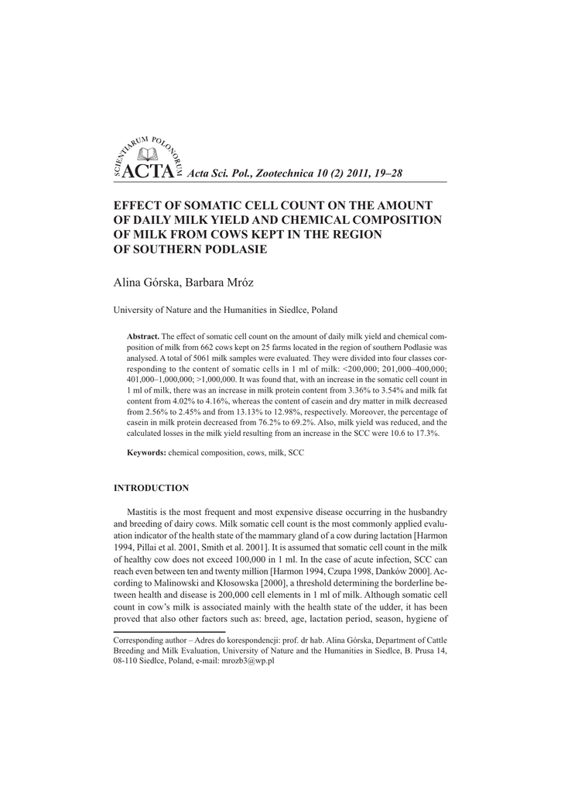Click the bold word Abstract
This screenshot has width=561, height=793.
point(142,338)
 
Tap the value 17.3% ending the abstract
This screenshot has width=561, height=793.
point(426,435)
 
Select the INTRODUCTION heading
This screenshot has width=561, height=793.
point(151,489)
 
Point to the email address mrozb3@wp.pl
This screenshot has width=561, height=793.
point(250,661)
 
